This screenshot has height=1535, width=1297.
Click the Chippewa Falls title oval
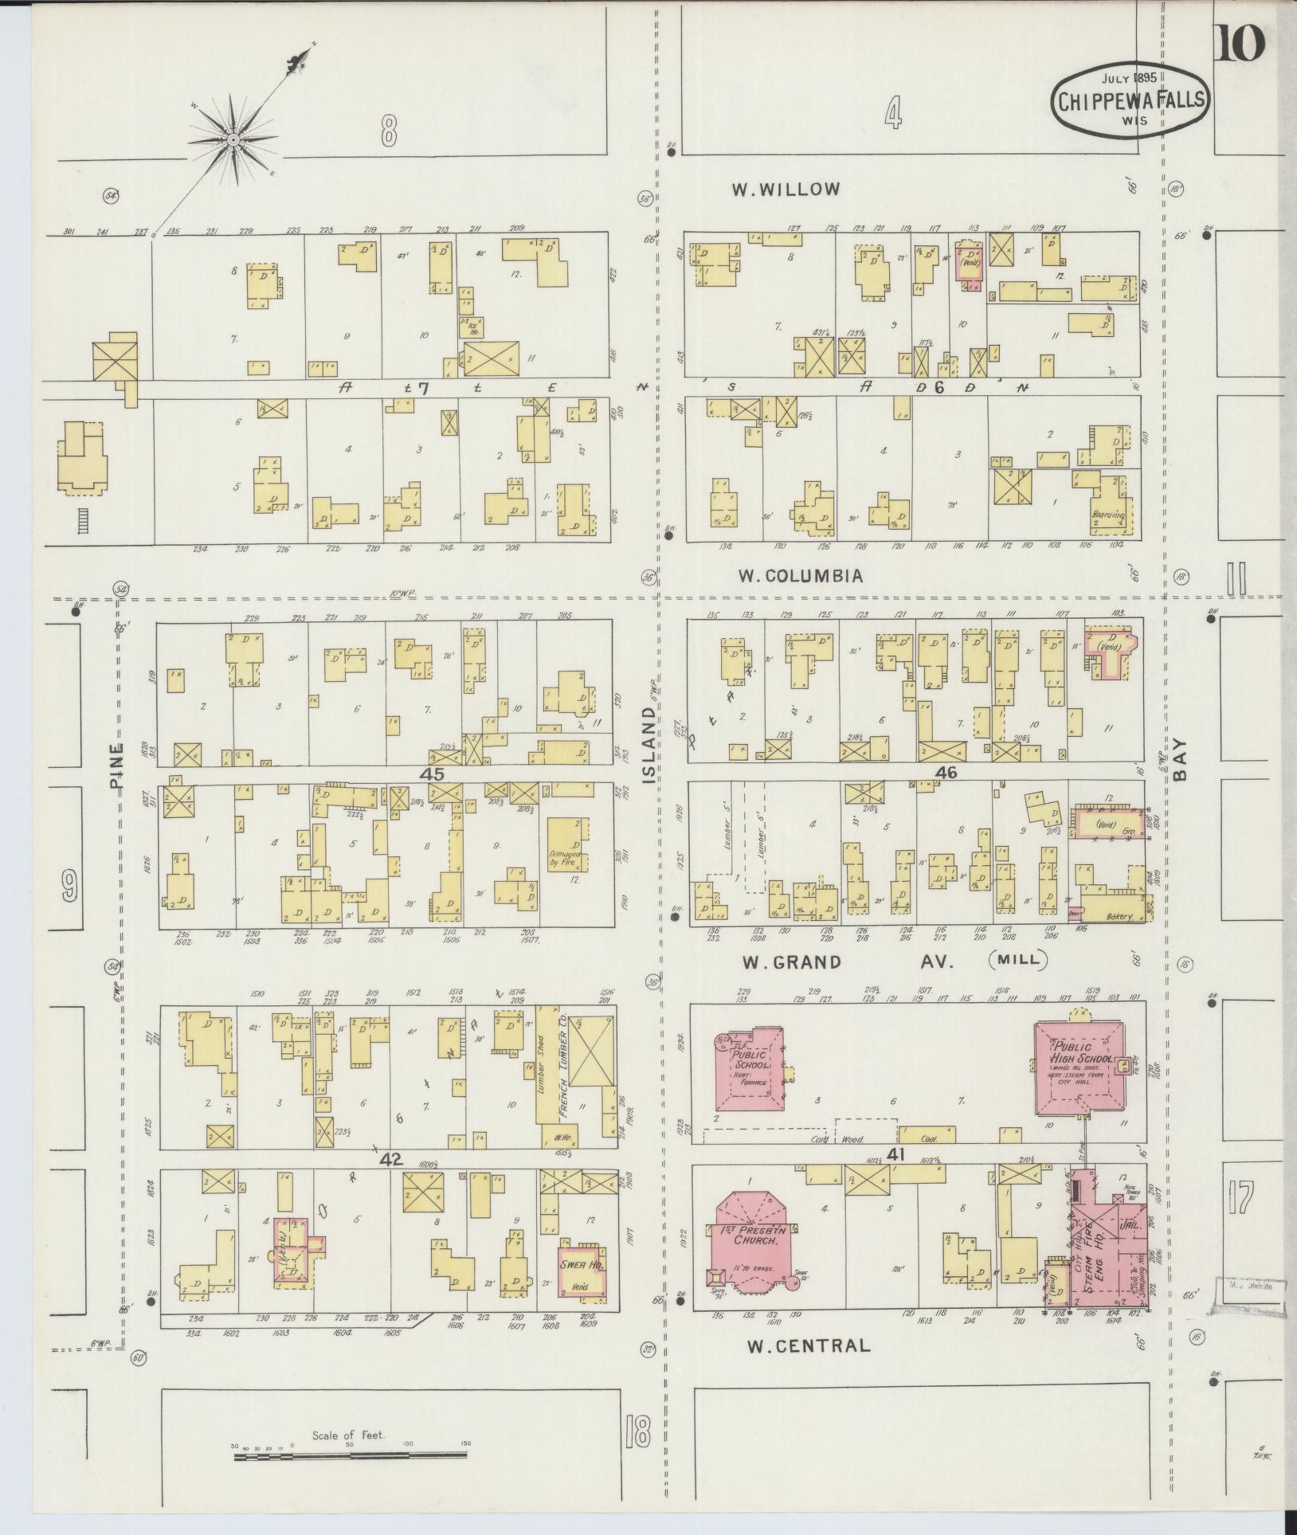pyautogui.click(x=1130, y=101)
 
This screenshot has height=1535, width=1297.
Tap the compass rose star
pyautogui.click(x=234, y=141)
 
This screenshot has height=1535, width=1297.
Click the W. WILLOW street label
pyautogui.click(x=786, y=190)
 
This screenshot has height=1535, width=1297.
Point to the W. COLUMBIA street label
pyautogui.click(x=801, y=575)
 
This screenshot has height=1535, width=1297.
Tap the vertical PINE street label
pyautogui.click(x=117, y=766)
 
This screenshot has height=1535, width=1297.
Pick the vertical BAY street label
pyautogui.click(x=1179, y=762)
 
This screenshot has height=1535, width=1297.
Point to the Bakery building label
pyautogui.click(x=1119, y=917)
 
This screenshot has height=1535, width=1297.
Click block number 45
pyautogui.click(x=435, y=773)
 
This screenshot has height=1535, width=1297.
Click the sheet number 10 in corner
pyautogui.click(x=1240, y=43)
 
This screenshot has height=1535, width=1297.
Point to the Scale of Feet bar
pyautogui.click(x=351, y=1457)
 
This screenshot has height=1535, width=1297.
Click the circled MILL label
pyautogui.click(x=1020, y=960)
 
